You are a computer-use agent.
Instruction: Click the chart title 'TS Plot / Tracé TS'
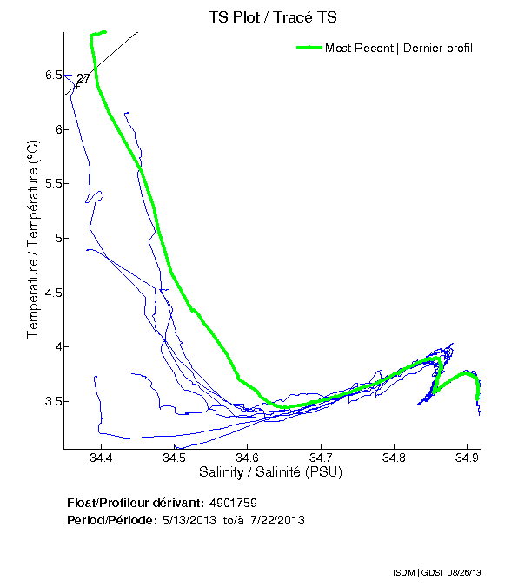click(x=273, y=16)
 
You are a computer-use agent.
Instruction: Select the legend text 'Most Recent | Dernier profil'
click(x=399, y=48)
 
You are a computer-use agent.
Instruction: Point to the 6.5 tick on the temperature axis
click(x=53, y=76)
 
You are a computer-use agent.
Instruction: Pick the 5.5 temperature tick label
click(x=53, y=184)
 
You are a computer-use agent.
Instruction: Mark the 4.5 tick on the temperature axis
click(x=53, y=293)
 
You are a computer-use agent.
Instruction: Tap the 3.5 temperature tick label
click(x=53, y=401)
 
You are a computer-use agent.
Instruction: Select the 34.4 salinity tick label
click(x=101, y=458)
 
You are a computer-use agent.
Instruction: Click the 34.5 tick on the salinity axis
click(x=174, y=458)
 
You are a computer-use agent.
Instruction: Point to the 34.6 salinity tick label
click(x=248, y=458)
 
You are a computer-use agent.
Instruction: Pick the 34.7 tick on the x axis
click(x=321, y=458)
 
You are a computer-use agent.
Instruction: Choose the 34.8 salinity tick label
click(x=394, y=458)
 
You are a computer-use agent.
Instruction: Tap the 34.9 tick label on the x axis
click(x=467, y=458)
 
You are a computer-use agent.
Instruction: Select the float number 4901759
click(x=233, y=503)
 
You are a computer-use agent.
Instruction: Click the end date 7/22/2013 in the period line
click(x=276, y=520)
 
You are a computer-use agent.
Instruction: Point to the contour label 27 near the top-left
click(x=83, y=79)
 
